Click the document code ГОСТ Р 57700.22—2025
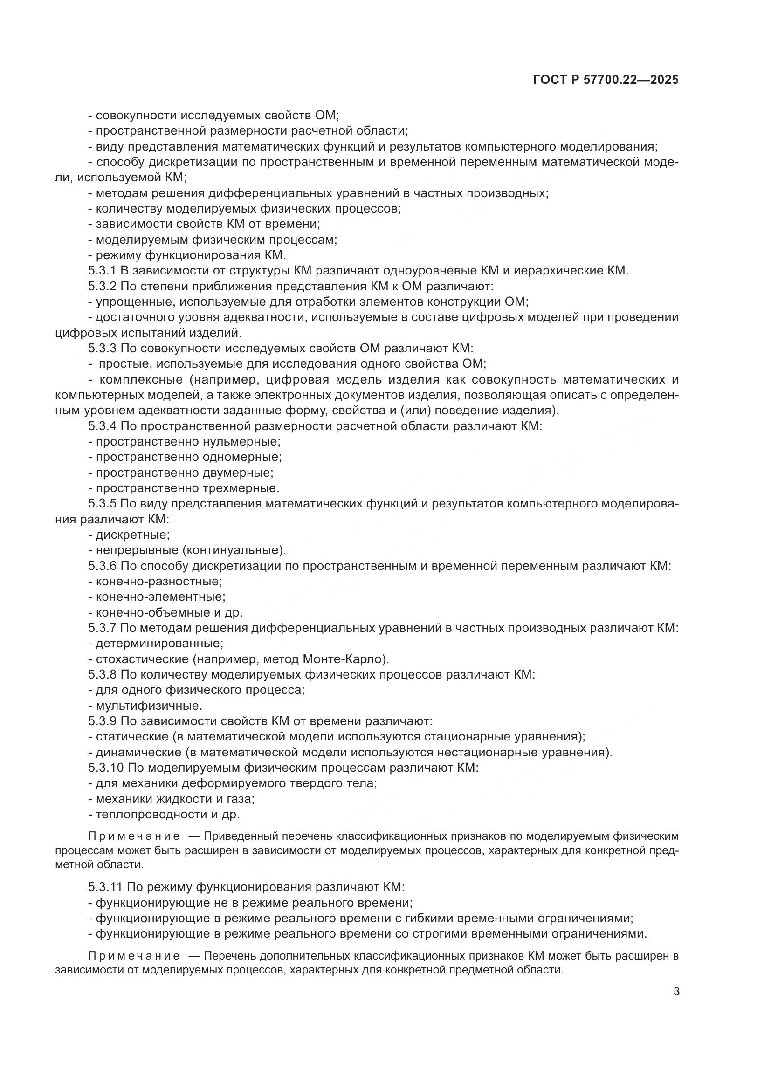[x=606, y=80]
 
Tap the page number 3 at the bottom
[x=676, y=992]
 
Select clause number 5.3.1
[x=102, y=271]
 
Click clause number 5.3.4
[x=102, y=426]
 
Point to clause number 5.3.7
[x=102, y=628]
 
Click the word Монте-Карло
[x=344, y=659]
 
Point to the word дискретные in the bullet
[x=132, y=535]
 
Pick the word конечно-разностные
[x=158, y=581]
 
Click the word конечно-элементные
[x=160, y=597]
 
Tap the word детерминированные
[x=159, y=643]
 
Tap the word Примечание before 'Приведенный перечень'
[x=134, y=836]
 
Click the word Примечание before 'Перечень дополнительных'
[x=134, y=956]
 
